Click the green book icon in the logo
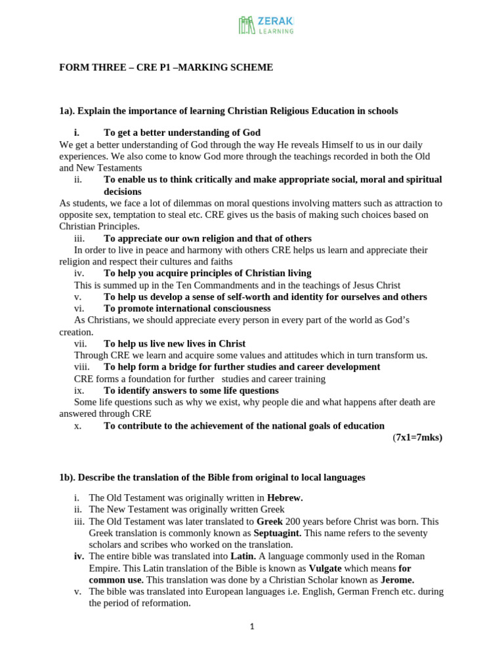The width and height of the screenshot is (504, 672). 247,25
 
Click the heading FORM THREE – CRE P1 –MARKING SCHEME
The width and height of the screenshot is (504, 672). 166,68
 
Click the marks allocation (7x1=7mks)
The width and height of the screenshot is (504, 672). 417,437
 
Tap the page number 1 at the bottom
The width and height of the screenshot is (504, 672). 252,627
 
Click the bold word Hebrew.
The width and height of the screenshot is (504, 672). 285,498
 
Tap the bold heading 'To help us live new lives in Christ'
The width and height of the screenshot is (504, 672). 175,343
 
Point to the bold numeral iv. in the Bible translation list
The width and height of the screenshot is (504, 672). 79,556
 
